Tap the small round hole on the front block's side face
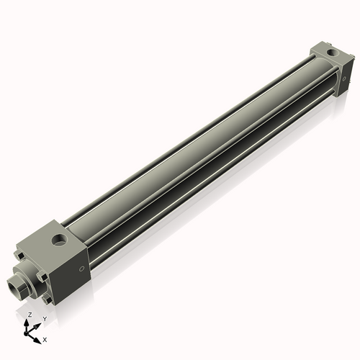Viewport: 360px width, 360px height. [81, 269]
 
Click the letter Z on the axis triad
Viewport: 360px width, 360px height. [30, 315]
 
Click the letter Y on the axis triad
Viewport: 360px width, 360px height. [45, 318]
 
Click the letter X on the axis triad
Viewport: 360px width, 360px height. [45, 338]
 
